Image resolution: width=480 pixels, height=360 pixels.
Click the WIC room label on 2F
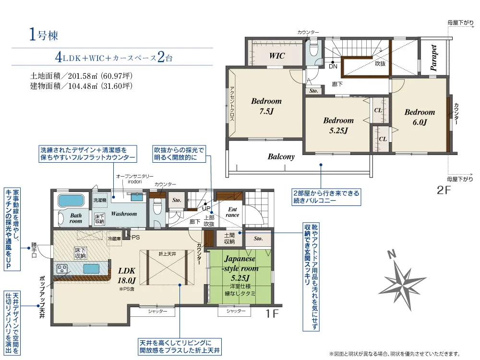point(277,56)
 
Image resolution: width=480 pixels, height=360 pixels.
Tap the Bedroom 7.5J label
point(266,106)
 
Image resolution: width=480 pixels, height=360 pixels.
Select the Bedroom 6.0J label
point(420,117)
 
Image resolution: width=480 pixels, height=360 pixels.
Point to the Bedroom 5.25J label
point(338,125)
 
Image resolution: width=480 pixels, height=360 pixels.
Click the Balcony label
point(281,157)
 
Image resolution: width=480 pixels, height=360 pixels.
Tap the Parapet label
point(433,58)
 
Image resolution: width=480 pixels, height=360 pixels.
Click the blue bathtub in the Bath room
point(71,201)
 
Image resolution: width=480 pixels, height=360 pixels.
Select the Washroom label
point(124,214)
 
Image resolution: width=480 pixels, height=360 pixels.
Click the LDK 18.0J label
point(126,275)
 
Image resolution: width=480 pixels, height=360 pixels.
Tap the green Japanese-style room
point(240,277)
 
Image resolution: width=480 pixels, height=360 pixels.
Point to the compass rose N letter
point(391,254)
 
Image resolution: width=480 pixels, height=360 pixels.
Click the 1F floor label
point(272,313)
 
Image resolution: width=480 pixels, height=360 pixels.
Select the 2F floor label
point(444,190)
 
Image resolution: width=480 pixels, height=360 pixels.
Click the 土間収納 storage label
point(229,238)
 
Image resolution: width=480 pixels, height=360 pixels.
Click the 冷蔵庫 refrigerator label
point(114,239)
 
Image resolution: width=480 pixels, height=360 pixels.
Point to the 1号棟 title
point(44,34)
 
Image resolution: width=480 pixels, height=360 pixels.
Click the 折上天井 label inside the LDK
point(167,254)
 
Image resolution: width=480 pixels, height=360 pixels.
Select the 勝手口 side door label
point(34,250)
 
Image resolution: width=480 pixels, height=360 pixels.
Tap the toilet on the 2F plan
point(314,49)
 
